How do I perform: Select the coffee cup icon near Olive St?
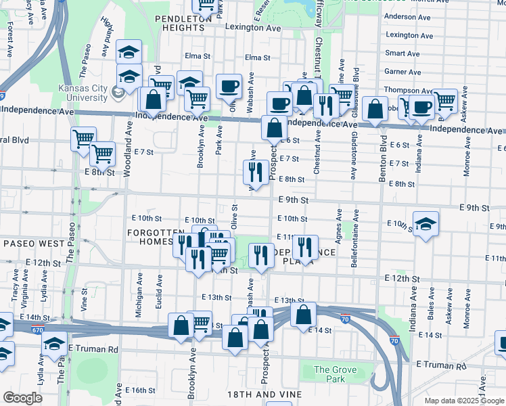click(x=229, y=86)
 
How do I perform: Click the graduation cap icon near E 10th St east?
click(x=425, y=225)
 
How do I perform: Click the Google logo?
click(x=22, y=397)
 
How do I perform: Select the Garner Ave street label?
click(x=402, y=71)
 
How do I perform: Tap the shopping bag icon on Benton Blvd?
click(x=374, y=109)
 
